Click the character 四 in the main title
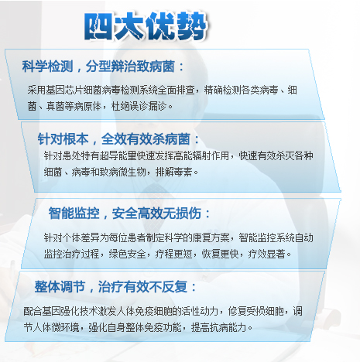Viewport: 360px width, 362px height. click(x=98, y=26)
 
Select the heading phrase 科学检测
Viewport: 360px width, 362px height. click(x=48, y=67)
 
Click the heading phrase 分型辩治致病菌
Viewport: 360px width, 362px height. click(x=131, y=67)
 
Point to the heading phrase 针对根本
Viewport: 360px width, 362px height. click(x=63, y=139)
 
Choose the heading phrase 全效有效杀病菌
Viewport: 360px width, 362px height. click(x=146, y=139)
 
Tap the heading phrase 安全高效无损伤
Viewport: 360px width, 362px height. click(x=156, y=213)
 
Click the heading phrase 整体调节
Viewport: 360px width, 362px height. click(x=60, y=287)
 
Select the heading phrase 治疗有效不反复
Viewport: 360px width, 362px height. click(x=142, y=287)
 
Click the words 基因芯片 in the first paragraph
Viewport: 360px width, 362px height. click(x=64, y=90)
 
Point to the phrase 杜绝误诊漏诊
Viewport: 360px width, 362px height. click(x=139, y=106)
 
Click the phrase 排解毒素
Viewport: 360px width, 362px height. click(x=174, y=172)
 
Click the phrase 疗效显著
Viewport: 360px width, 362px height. click(x=266, y=254)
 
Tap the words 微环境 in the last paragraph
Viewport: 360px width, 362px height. click(x=65, y=327)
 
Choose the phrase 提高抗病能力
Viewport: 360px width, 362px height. click(x=218, y=327)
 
